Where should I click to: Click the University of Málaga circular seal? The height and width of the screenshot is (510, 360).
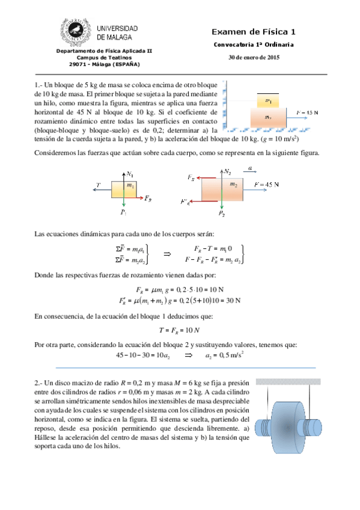[78, 32]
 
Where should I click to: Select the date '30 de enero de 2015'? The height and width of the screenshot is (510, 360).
[254, 58]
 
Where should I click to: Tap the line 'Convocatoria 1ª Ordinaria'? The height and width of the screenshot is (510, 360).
[254, 46]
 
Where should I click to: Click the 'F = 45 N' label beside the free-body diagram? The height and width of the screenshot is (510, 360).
[266, 184]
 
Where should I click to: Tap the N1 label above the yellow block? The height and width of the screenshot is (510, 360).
[130, 174]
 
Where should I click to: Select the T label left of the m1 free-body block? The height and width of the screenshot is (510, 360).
[98, 184]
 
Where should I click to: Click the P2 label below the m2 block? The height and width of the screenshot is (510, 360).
[222, 214]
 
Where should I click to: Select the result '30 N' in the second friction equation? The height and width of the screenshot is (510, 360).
[231, 300]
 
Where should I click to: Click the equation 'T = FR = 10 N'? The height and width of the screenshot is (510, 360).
[179, 330]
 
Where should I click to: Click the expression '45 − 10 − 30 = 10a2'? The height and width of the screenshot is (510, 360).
[144, 355]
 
